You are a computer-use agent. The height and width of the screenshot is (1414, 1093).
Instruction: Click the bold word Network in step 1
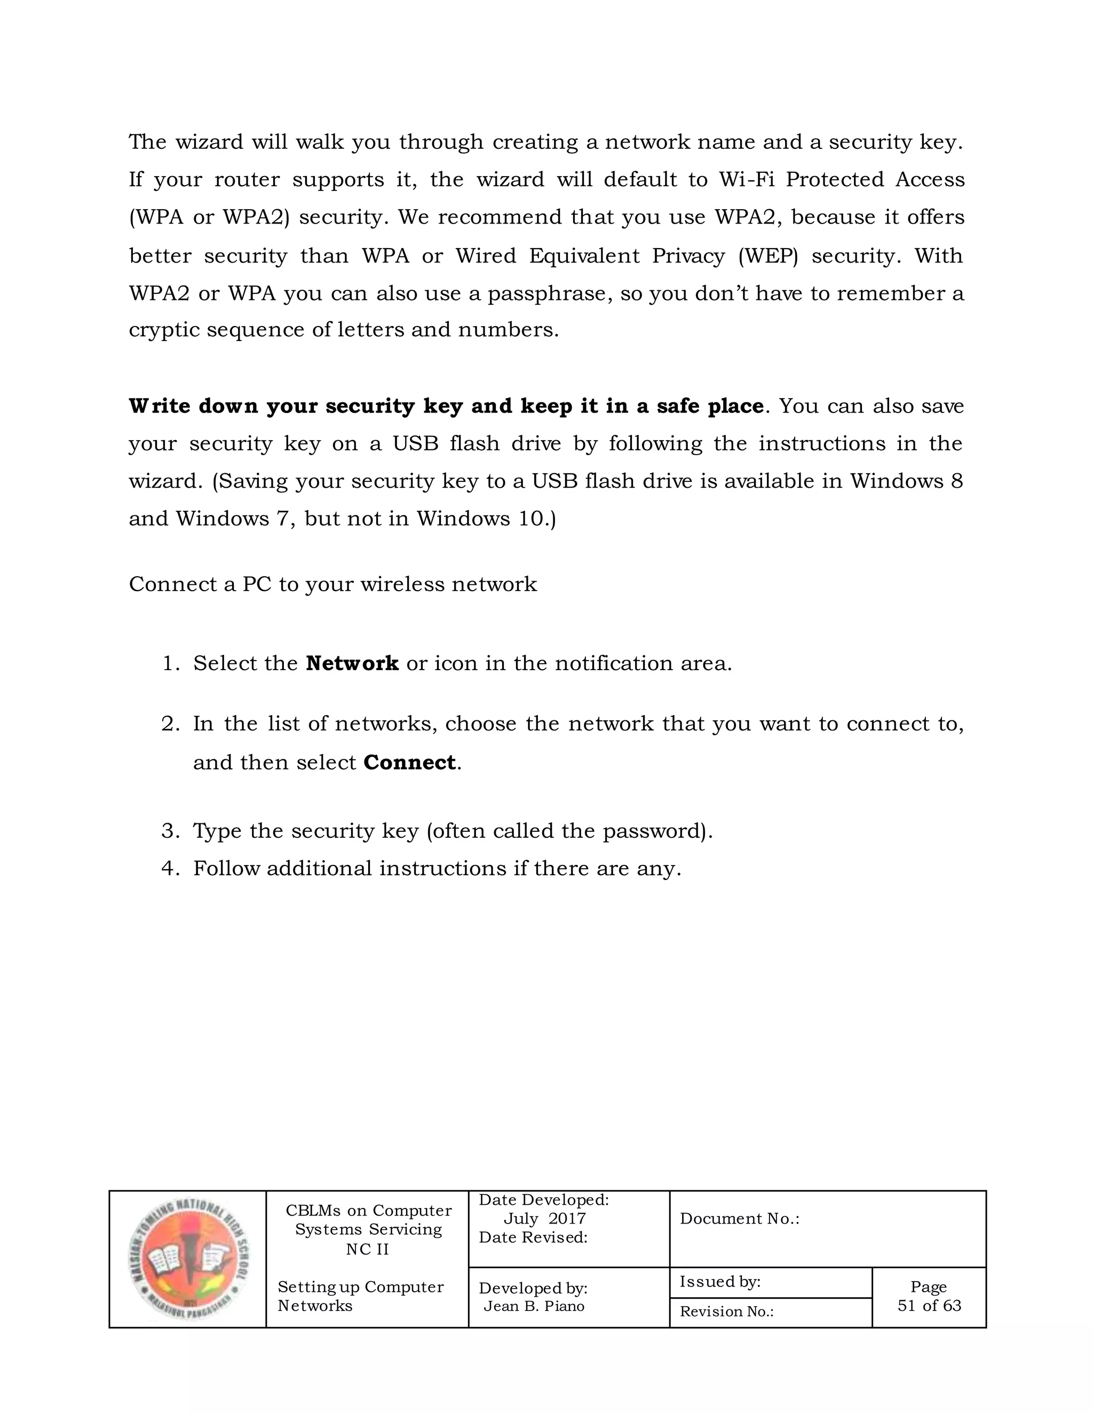click(352, 664)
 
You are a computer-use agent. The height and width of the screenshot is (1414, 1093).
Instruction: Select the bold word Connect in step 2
click(409, 762)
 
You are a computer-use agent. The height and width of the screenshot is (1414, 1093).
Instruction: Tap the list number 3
click(170, 831)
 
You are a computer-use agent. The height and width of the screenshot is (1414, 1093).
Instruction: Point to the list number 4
click(170, 869)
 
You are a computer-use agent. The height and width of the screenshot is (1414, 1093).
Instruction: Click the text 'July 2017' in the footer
click(544, 1219)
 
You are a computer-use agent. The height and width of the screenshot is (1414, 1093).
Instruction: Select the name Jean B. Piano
click(534, 1306)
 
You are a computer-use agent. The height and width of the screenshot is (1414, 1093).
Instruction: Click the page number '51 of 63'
click(929, 1305)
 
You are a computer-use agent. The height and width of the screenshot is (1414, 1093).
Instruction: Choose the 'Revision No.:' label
click(726, 1312)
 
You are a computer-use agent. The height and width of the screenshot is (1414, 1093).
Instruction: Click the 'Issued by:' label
click(719, 1281)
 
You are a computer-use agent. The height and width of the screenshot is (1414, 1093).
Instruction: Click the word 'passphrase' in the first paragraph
click(549, 295)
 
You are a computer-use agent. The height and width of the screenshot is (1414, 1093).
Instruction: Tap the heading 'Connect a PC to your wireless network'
click(333, 585)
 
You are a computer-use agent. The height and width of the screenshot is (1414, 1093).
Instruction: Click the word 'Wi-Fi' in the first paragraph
click(747, 180)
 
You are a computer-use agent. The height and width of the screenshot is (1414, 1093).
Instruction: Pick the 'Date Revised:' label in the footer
click(533, 1237)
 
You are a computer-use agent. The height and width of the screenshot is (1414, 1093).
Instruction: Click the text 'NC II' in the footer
click(367, 1249)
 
